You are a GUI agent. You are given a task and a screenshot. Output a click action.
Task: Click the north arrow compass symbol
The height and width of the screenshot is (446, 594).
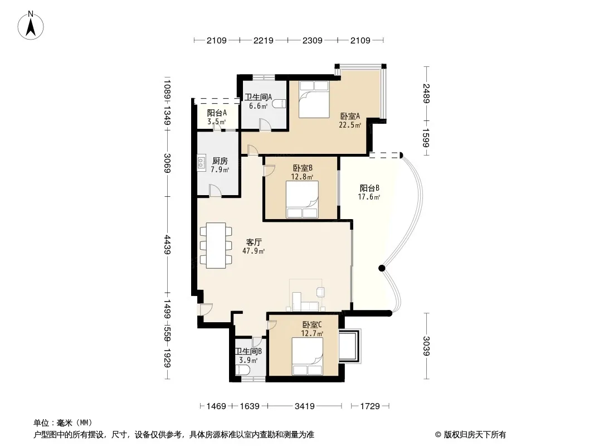tap(31, 25)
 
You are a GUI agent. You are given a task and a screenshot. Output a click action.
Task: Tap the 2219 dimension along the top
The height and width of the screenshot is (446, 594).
tap(263, 40)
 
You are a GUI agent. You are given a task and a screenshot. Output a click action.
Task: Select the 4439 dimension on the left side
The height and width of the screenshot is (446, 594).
tap(167, 245)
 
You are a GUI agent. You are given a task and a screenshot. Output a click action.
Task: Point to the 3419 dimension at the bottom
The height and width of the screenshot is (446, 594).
tap(305, 406)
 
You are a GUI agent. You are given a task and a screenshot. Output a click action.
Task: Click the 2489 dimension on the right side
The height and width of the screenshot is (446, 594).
tap(426, 93)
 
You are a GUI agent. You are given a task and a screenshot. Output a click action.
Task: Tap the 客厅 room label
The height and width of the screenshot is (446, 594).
tap(254, 242)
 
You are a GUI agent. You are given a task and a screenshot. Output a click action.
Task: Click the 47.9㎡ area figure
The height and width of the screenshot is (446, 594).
tap(254, 251)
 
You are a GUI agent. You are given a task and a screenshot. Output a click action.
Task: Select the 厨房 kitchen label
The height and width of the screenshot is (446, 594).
tap(220, 161)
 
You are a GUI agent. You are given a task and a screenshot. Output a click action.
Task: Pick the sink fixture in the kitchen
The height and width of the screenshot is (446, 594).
tap(201, 162)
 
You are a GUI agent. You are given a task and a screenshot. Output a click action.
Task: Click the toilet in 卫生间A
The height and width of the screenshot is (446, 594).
tap(279, 104)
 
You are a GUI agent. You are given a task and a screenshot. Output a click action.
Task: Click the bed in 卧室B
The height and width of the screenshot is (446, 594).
tap(303, 200)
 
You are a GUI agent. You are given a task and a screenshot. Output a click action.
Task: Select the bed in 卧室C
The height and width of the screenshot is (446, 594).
tap(307, 356)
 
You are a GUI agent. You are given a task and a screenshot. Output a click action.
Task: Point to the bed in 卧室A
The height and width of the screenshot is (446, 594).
tap(313, 99)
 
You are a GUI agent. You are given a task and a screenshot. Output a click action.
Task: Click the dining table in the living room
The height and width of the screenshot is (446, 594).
tap(216, 245)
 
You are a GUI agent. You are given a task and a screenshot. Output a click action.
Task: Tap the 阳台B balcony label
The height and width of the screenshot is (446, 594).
tap(369, 188)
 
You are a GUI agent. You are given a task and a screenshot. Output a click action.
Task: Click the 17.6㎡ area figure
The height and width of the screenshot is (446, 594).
tap(369, 197)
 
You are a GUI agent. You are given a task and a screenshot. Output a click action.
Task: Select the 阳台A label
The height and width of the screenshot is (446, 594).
tap(217, 113)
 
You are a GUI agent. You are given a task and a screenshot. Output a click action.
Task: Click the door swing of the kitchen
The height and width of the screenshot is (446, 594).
tap(215, 190)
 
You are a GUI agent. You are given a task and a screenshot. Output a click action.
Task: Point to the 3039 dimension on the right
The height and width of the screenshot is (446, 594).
tap(426, 346)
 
